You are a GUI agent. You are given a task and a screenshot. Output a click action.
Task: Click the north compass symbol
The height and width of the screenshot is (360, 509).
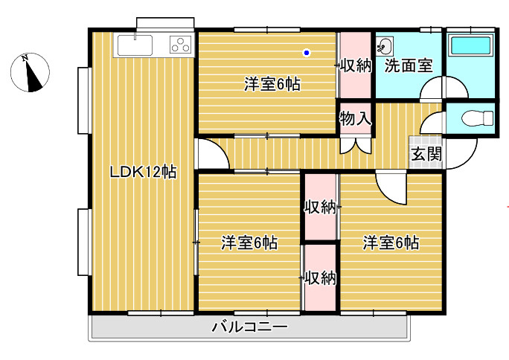[x=31, y=74]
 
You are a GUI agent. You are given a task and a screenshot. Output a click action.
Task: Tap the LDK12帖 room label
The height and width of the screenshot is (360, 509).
[x=143, y=173]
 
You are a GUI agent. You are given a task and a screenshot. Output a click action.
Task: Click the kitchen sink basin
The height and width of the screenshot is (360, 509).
[x=134, y=45]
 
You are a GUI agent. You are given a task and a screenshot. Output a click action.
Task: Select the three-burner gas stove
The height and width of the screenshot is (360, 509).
[x=180, y=45]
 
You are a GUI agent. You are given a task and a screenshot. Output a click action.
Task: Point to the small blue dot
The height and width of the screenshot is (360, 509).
[x=307, y=53]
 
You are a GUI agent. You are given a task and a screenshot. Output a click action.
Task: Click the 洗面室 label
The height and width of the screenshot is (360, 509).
[x=409, y=65]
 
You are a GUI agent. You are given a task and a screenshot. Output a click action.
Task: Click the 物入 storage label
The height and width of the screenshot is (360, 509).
[x=355, y=118]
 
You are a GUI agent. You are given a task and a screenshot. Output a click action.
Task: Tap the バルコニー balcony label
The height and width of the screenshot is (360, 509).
[x=249, y=327]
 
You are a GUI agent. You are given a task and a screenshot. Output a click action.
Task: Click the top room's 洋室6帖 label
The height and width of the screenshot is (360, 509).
[x=272, y=84]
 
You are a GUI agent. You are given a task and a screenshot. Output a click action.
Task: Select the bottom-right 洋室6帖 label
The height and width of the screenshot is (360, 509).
[x=391, y=242]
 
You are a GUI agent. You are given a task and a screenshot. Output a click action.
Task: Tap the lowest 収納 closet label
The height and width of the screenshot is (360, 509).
[x=320, y=278]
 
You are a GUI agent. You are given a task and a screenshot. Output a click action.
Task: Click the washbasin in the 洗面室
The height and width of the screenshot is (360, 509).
[x=384, y=47]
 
